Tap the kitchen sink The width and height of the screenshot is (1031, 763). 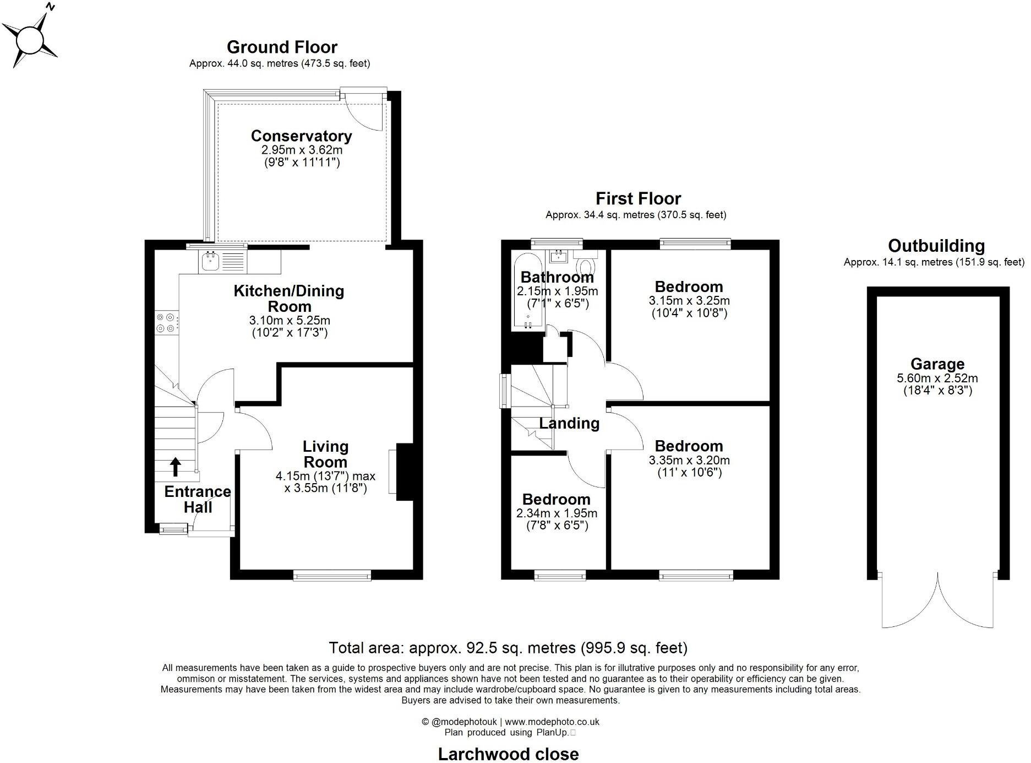[210, 261]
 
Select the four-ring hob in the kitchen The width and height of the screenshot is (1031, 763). [166, 322]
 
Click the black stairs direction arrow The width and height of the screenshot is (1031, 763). [175, 467]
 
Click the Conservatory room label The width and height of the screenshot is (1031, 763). [301, 136]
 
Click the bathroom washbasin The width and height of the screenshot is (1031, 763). [559, 256]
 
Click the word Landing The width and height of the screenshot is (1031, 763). [569, 423]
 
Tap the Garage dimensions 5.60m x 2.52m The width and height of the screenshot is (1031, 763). [937, 378]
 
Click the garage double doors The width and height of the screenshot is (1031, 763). [937, 603]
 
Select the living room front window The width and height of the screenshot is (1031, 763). [332, 576]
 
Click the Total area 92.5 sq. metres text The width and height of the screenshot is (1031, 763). [508, 647]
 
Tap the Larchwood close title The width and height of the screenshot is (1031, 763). [508, 754]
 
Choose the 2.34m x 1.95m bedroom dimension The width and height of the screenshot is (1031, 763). [556, 513]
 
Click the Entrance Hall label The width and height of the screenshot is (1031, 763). [197, 499]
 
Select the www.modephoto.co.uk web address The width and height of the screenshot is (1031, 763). [552, 722]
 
